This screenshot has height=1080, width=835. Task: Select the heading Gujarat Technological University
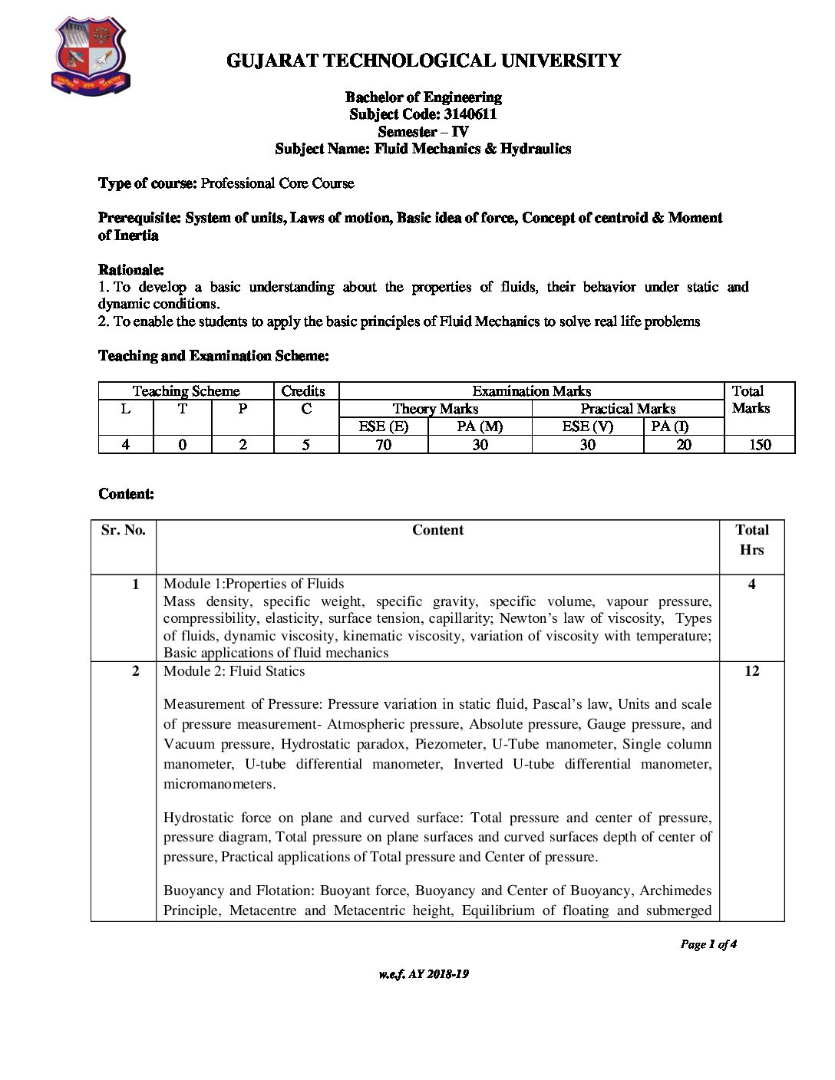[x=424, y=61]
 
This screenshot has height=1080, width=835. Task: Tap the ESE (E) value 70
[x=383, y=445]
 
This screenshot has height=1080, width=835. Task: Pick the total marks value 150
[x=759, y=445]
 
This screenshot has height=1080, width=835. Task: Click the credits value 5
[x=305, y=445]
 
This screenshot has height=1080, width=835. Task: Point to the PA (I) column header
[x=669, y=426]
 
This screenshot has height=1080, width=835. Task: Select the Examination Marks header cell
[x=531, y=391]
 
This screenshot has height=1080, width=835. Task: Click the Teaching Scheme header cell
[x=186, y=391]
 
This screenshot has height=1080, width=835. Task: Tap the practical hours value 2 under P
[x=243, y=445]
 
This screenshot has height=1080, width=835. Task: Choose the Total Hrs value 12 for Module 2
[x=751, y=671]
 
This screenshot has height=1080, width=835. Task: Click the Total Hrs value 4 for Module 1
[x=751, y=584]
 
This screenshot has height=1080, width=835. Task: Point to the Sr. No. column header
[x=123, y=530]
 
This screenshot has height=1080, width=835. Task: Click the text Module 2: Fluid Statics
[x=234, y=671]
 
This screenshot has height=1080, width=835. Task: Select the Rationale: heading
[x=130, y=270]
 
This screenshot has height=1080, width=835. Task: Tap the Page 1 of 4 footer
[x=708, y=944]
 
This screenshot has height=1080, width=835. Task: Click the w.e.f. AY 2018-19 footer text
[x=423, y=974]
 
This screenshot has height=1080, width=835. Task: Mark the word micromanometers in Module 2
[x=219, y=784]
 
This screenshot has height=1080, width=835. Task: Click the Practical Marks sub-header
[x=627, y=409]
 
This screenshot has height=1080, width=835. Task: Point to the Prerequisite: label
[x=140, y=218]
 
